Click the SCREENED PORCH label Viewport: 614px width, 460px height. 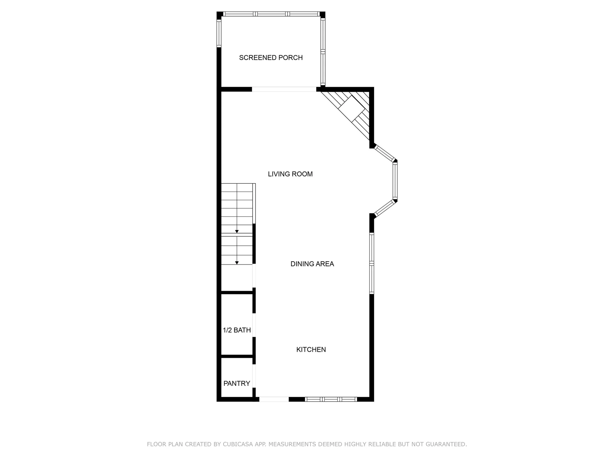(271, 58)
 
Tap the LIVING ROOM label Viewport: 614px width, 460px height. (290, 174)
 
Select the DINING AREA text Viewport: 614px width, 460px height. (312, 264)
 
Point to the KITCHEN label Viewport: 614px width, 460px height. (311, 350)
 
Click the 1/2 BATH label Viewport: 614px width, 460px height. (237, 330)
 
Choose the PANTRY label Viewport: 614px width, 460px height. (237, 384)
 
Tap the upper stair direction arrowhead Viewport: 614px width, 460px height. (237, 231)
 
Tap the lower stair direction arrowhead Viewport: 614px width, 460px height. (237, 263)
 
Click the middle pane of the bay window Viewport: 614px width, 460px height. (395, 180)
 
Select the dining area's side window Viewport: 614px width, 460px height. (372, 263)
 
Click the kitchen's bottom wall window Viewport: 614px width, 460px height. (331, 399)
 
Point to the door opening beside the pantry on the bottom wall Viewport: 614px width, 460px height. (274, 399)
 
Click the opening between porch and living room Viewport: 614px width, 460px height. (284, 89)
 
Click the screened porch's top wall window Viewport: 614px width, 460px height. (271, 14)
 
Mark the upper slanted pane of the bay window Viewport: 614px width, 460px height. (385, 153)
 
